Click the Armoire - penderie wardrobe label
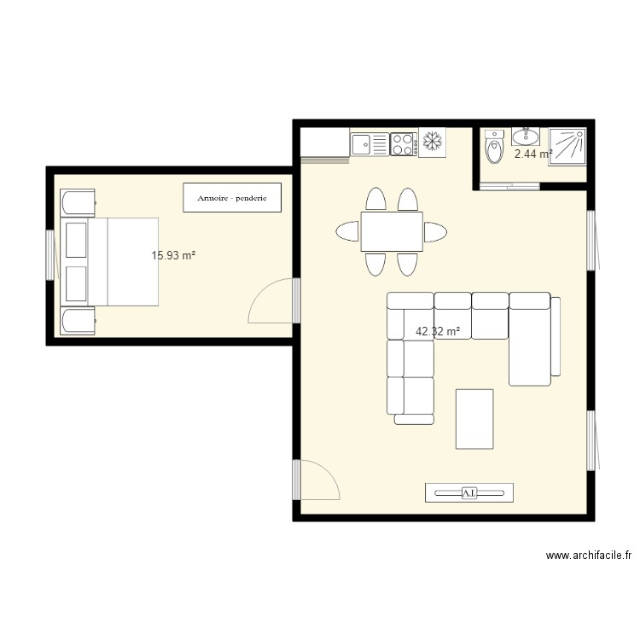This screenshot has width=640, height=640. click(x=232, y=198)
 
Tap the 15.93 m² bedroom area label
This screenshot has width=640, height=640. click(x=173, y=255)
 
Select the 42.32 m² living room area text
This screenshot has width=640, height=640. click(x=438, y=331)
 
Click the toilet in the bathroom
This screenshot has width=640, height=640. click(x=493, y=150)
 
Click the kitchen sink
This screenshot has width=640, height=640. click(x=369, y=144)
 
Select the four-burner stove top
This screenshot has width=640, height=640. click(x=403, y=144)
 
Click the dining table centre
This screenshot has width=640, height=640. click(x=392, y=231)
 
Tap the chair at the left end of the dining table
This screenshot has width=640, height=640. click(x=348, y=231)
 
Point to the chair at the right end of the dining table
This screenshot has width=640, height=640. click(x=435, y=231)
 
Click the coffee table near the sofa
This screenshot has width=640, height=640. click(x=474, y=418)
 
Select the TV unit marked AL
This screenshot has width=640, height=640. click(x=469, y=492)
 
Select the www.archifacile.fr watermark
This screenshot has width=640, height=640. click(x=589, y=556)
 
